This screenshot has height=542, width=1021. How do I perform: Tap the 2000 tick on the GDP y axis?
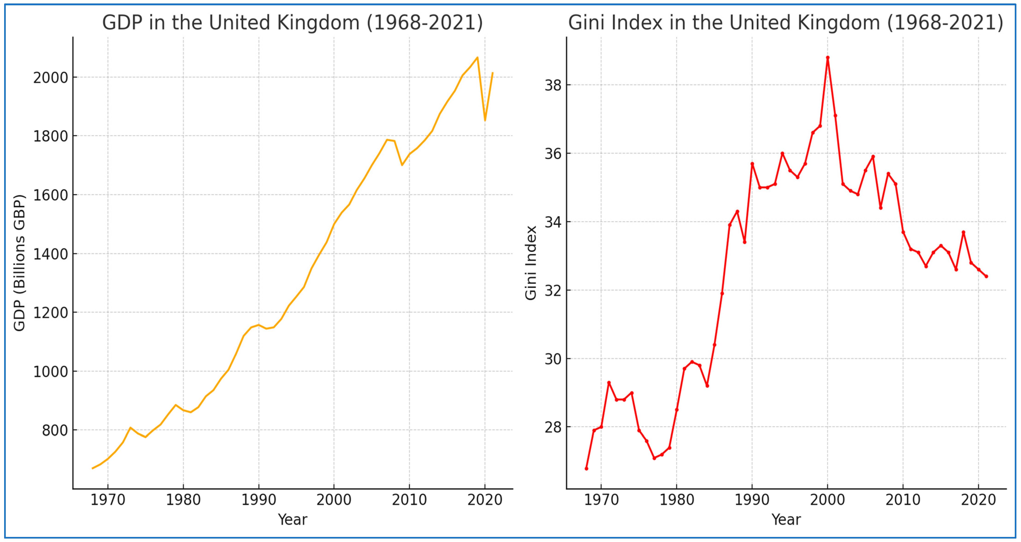coord(50,78)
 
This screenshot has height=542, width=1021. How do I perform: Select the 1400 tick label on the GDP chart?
coord(50,254)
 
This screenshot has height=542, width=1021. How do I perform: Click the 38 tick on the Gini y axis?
coord(553,85)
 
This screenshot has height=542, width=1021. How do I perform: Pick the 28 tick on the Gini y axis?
coord(553,427)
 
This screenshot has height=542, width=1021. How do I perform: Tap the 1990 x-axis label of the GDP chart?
coord(258,500)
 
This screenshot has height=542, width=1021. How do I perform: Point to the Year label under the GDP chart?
coord(293,519)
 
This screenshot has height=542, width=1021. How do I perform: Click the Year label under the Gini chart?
coord(786,519)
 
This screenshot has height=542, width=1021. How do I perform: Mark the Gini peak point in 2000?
coord(828,58)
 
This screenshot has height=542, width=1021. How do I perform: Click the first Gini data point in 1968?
coord(586,469)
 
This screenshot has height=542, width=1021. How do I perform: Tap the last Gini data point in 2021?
coord(986,276)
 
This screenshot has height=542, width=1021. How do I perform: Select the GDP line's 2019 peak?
coord(477,58)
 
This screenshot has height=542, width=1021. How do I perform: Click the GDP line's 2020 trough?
coord(485,120)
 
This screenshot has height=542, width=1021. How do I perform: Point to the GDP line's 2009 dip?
coord(402,165)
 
